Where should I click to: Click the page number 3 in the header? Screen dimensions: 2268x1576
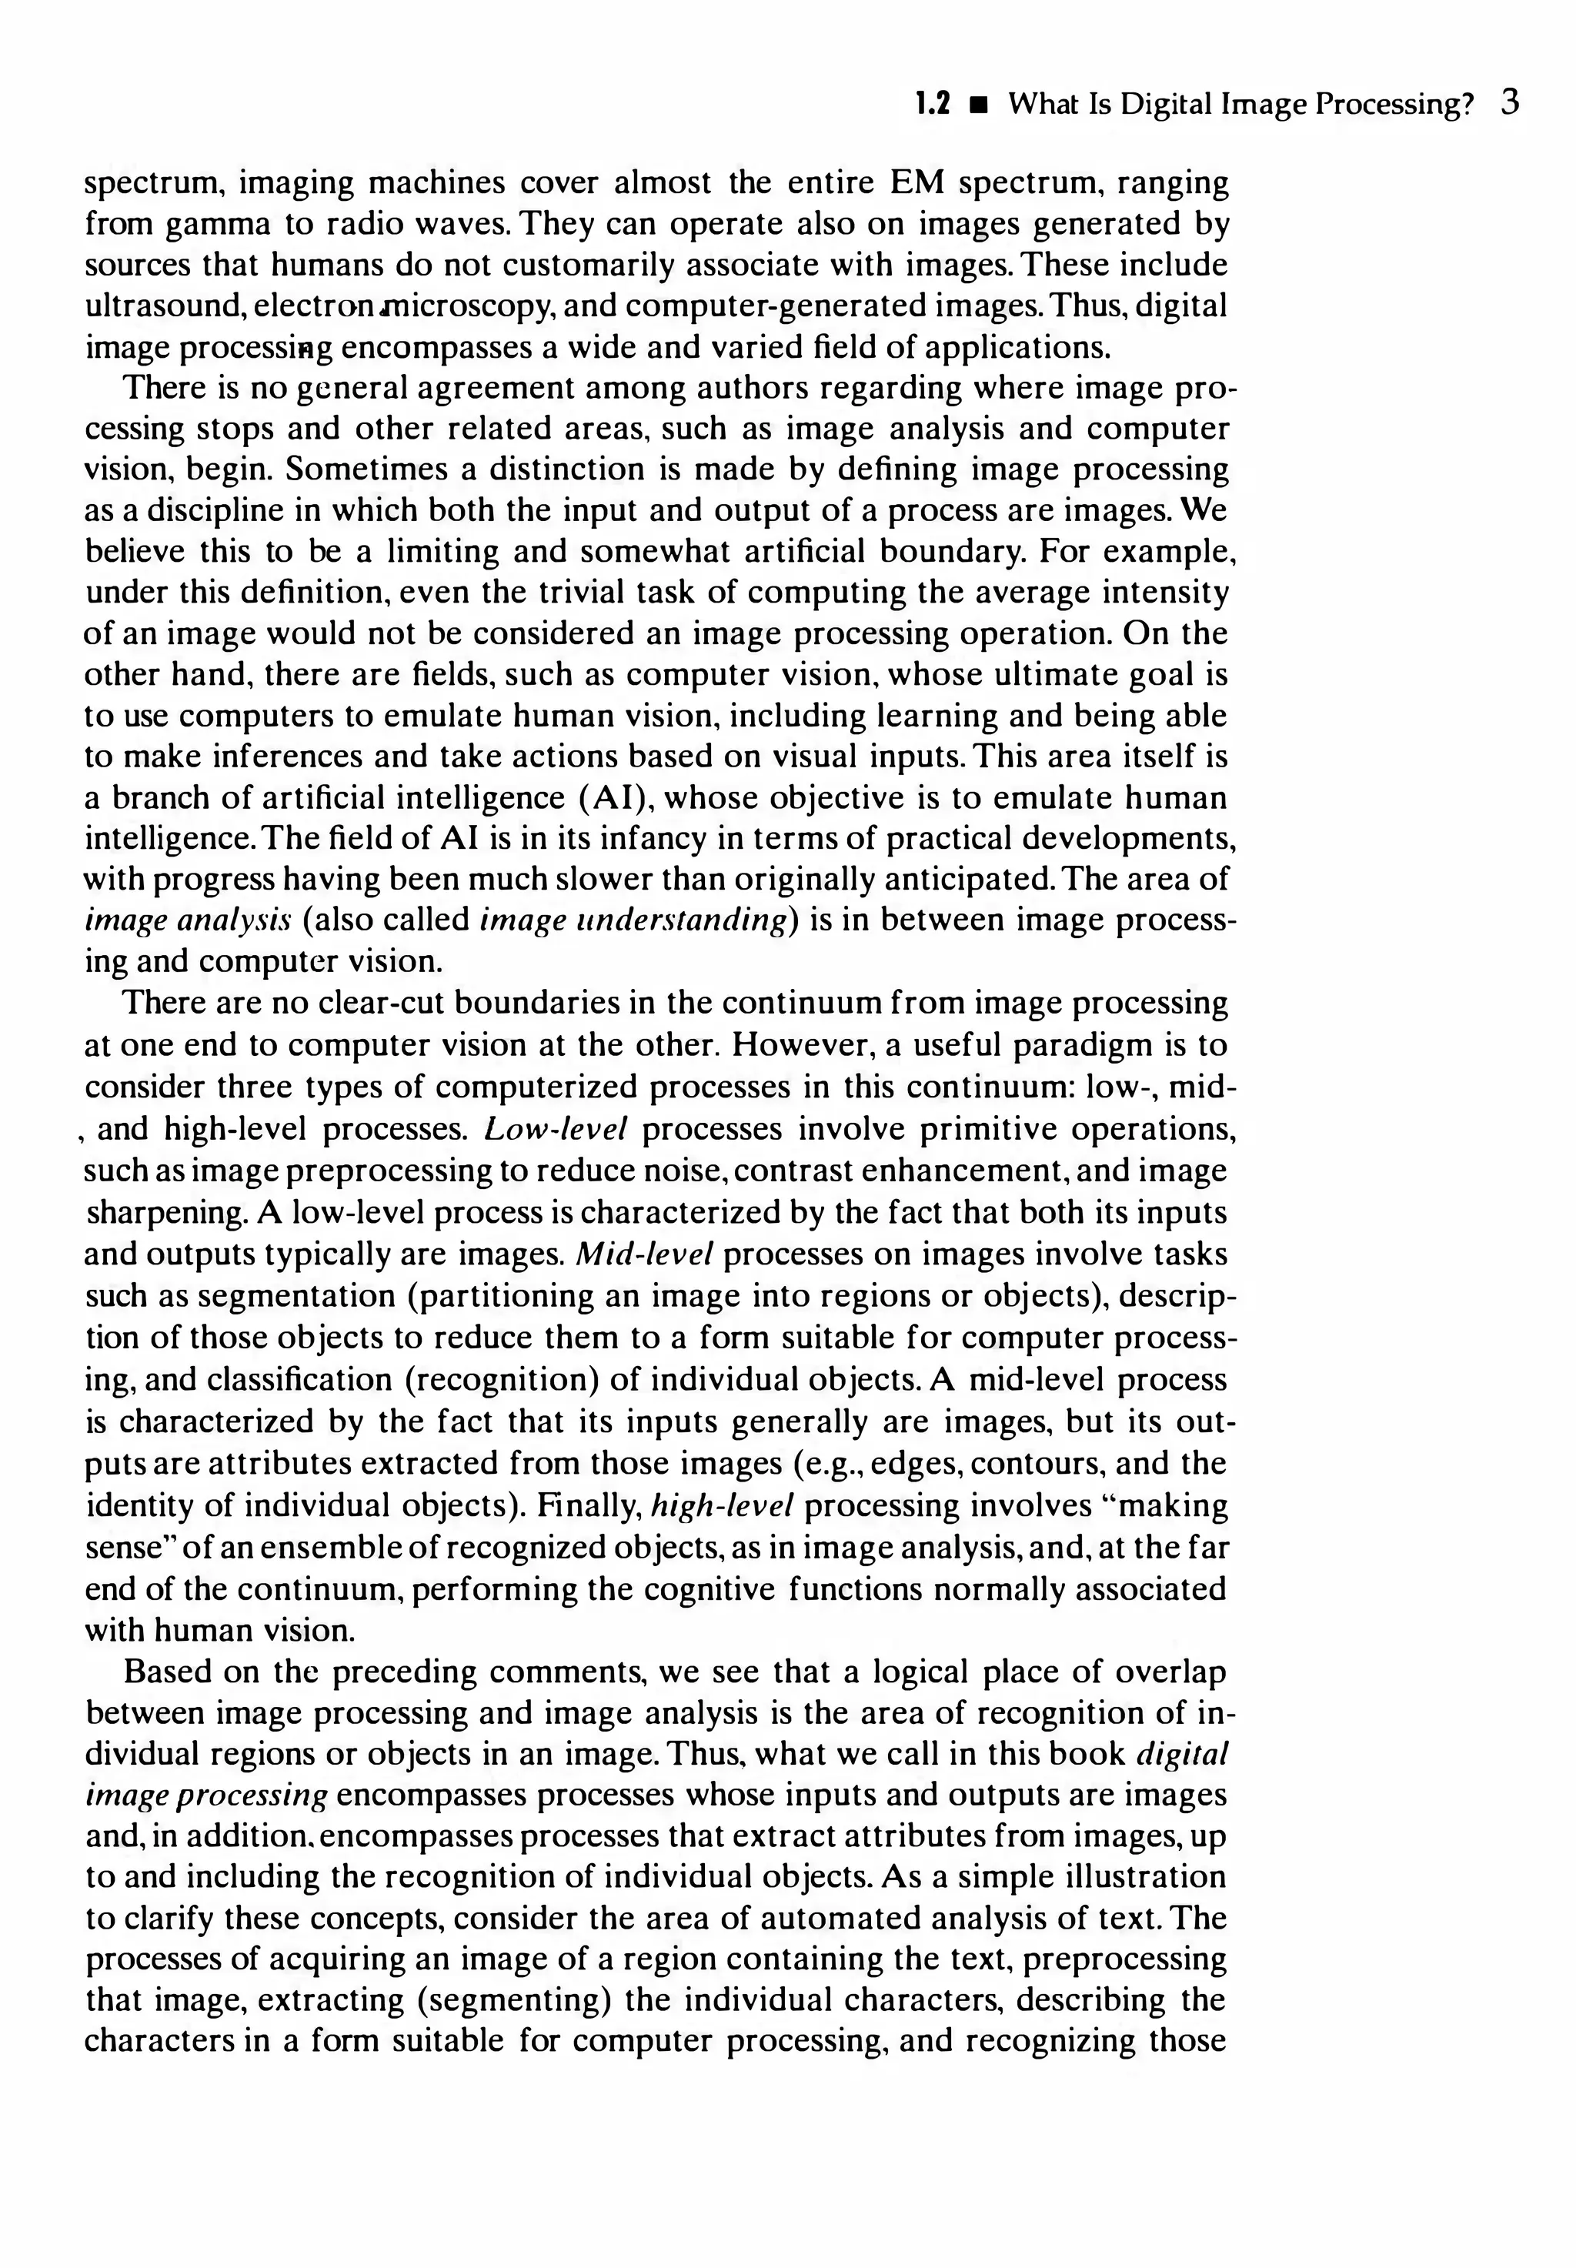click(1509, 102)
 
